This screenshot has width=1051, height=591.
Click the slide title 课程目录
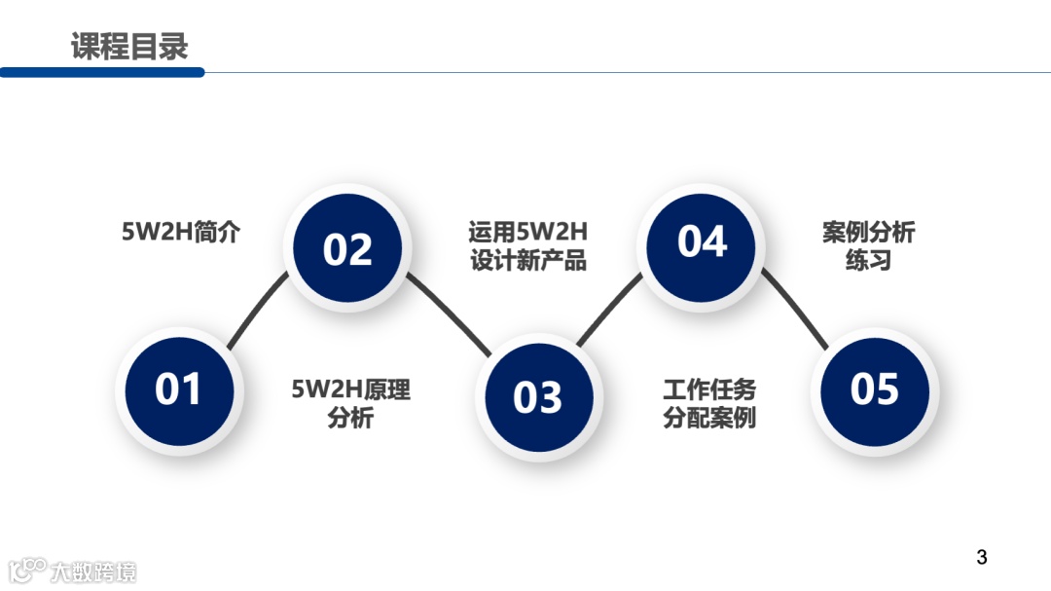click(x=129, y=46)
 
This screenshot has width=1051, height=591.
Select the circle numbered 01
click(x=178, y=389)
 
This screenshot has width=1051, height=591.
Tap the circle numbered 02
click(x=347, y=249)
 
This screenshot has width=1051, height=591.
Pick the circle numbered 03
click(x=538, y=397)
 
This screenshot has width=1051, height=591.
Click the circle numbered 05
click(x=874, y=389)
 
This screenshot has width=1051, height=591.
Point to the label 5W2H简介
click(x=180, y=233)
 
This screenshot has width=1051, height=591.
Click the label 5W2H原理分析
click(x=350, y=404)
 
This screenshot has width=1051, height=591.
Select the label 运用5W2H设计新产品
click(x=528, y=246)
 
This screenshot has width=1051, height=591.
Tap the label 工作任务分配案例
click(x=709, y=404)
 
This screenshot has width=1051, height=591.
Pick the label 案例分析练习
click(x=868, y=246)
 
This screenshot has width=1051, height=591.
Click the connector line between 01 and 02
click(x=258, y=310)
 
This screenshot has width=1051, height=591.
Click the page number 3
click(x=981, y=558)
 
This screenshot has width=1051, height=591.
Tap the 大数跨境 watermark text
click(x=93, y=572)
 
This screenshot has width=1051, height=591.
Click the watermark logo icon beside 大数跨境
click(x=27, y=571)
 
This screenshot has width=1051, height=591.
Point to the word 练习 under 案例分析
click(x=868, y=261)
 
